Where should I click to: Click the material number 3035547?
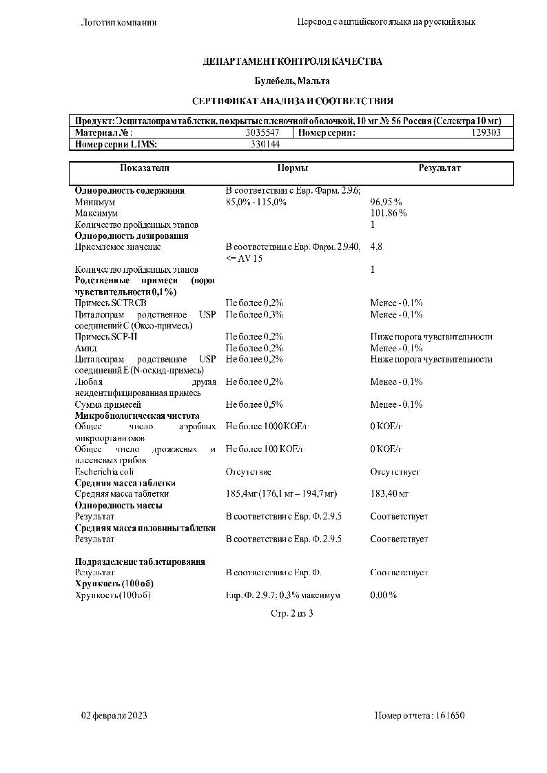(x=262, y=132)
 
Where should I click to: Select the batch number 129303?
(x=486, y=132)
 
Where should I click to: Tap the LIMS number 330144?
(x=265, y=144)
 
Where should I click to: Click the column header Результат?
(x=440, y=168)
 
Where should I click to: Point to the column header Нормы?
(x=292, y=168)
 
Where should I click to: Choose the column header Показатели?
(x=145, y=168)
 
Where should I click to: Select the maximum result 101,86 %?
(x=389, y=214)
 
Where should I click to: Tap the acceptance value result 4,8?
(x=376, y=247)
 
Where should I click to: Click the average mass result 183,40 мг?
(x=389, y=494)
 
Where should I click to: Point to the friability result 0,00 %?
(x=383, y=595)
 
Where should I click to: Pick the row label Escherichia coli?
(x=104, y=471)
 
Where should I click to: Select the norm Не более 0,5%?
(x=254, y=404)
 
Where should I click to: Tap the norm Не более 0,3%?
(x=254, y=314)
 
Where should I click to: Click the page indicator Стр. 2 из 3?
(x=292, y=613)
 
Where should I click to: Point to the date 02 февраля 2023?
(x=114, y=715)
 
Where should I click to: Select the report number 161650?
(x=451, y=715)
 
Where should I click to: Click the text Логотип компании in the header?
(x=119, y=22)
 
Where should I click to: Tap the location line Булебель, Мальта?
(x=292, y=81)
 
